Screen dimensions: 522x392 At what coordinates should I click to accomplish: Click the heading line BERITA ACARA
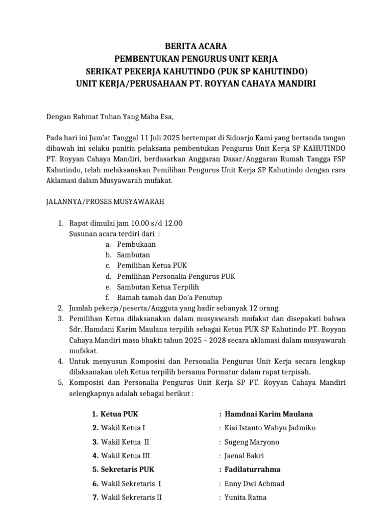pyautogui.click(x=196, y=46)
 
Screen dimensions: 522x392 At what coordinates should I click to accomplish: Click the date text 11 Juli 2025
pyautogui.click(x=140, y=137)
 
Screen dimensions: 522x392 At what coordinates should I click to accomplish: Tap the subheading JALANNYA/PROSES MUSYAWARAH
pyautogui.click(x=105, y=202)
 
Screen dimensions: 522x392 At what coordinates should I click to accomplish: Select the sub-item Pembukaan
pyautogui.click(x=136, y=244)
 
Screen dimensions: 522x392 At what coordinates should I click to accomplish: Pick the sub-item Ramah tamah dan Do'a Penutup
pyautogui.click(x=169, y=297)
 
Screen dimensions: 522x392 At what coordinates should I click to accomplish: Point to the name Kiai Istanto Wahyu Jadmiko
pyautogui.click(x=270, y=428)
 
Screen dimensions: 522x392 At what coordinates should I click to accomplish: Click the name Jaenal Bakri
pyautogui.click(x=244, y=456)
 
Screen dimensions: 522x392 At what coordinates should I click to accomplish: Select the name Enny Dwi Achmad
pyautogui.click(x=255, y=483)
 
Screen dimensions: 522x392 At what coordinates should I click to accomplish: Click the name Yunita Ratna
pyautogui.click(x=246, y=497)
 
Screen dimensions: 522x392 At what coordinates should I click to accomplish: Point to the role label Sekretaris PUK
pyautogui.click(x=127, y=469)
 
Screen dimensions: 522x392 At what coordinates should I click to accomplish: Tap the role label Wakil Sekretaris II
pyautogui.click(x=131, y=497)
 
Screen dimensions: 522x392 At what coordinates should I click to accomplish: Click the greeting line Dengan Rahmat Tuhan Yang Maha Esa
pyautogui.click(x=110, y=117)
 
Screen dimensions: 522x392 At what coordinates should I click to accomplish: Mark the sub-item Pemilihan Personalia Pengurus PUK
pyautogui.click(x=176, y=276)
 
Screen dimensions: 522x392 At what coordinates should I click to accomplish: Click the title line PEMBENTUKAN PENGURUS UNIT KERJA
pyautogui.click(x=196, y=58)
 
